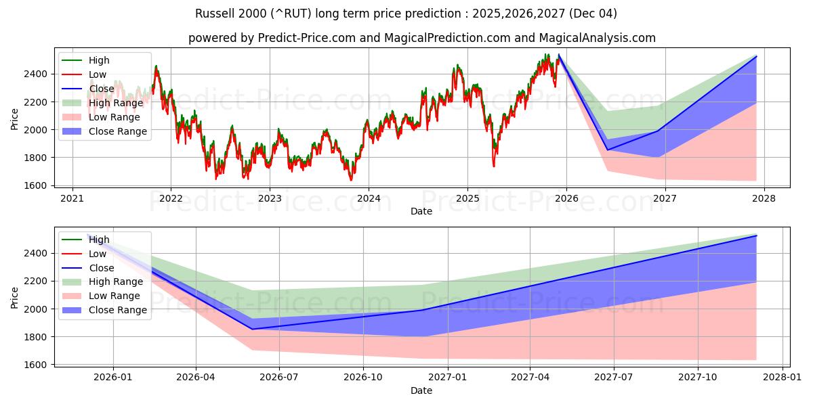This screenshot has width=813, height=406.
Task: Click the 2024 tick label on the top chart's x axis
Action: point(369,199)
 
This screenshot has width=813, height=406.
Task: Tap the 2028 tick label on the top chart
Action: point(764,199)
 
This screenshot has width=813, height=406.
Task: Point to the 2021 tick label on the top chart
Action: point(72,199)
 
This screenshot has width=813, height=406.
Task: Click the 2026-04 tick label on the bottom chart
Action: point(196,378)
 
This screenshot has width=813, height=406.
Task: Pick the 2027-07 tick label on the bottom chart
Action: point(614,378)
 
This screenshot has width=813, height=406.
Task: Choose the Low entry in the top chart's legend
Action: point(98,74)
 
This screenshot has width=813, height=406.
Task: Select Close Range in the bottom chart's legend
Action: point(117,310)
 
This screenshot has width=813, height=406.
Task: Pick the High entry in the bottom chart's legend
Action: point(99,240)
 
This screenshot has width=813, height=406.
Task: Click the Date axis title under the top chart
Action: point(421,211)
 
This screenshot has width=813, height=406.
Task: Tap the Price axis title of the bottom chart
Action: point(15,298)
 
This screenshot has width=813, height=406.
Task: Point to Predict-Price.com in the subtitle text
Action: point(306,38)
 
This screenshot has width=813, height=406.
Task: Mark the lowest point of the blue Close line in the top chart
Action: point(608,150)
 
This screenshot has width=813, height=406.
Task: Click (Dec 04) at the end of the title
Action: point(593,14)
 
